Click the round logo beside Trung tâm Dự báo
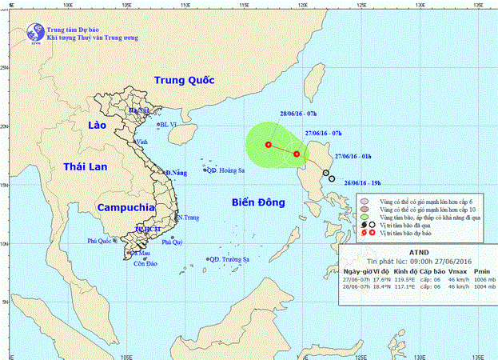coord(34,32)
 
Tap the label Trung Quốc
coord(186,80)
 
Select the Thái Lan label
coord(85,166)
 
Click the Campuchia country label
coord(124,207)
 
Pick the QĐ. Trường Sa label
coord(230,259)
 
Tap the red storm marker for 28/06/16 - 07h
coord(268,145)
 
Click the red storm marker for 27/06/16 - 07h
coord(297,154)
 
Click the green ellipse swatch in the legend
coord(365,217)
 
